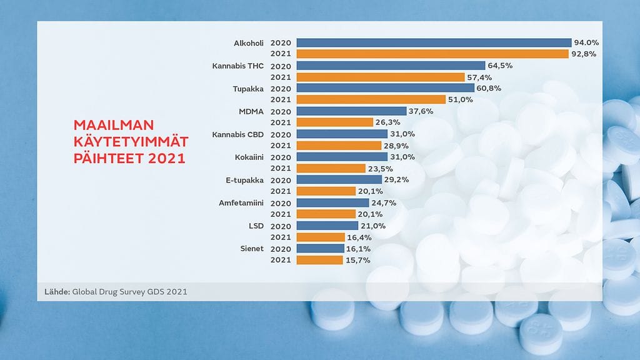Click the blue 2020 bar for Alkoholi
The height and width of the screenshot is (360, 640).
434,43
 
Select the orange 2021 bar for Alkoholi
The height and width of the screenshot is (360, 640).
432,54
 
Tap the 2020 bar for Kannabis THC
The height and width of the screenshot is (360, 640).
391,66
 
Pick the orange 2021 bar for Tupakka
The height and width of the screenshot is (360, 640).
371,100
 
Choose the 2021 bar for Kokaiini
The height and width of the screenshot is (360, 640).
331,168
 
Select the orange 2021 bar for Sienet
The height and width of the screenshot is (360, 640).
319,259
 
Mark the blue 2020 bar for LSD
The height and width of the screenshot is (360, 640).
327,226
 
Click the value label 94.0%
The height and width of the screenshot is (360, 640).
587,43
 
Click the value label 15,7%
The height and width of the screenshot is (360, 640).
358,259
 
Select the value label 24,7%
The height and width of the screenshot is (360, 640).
384,203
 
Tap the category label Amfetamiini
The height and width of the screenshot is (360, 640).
242,203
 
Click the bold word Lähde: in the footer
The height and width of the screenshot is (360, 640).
57,292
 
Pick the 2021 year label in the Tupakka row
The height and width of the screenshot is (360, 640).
281,100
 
